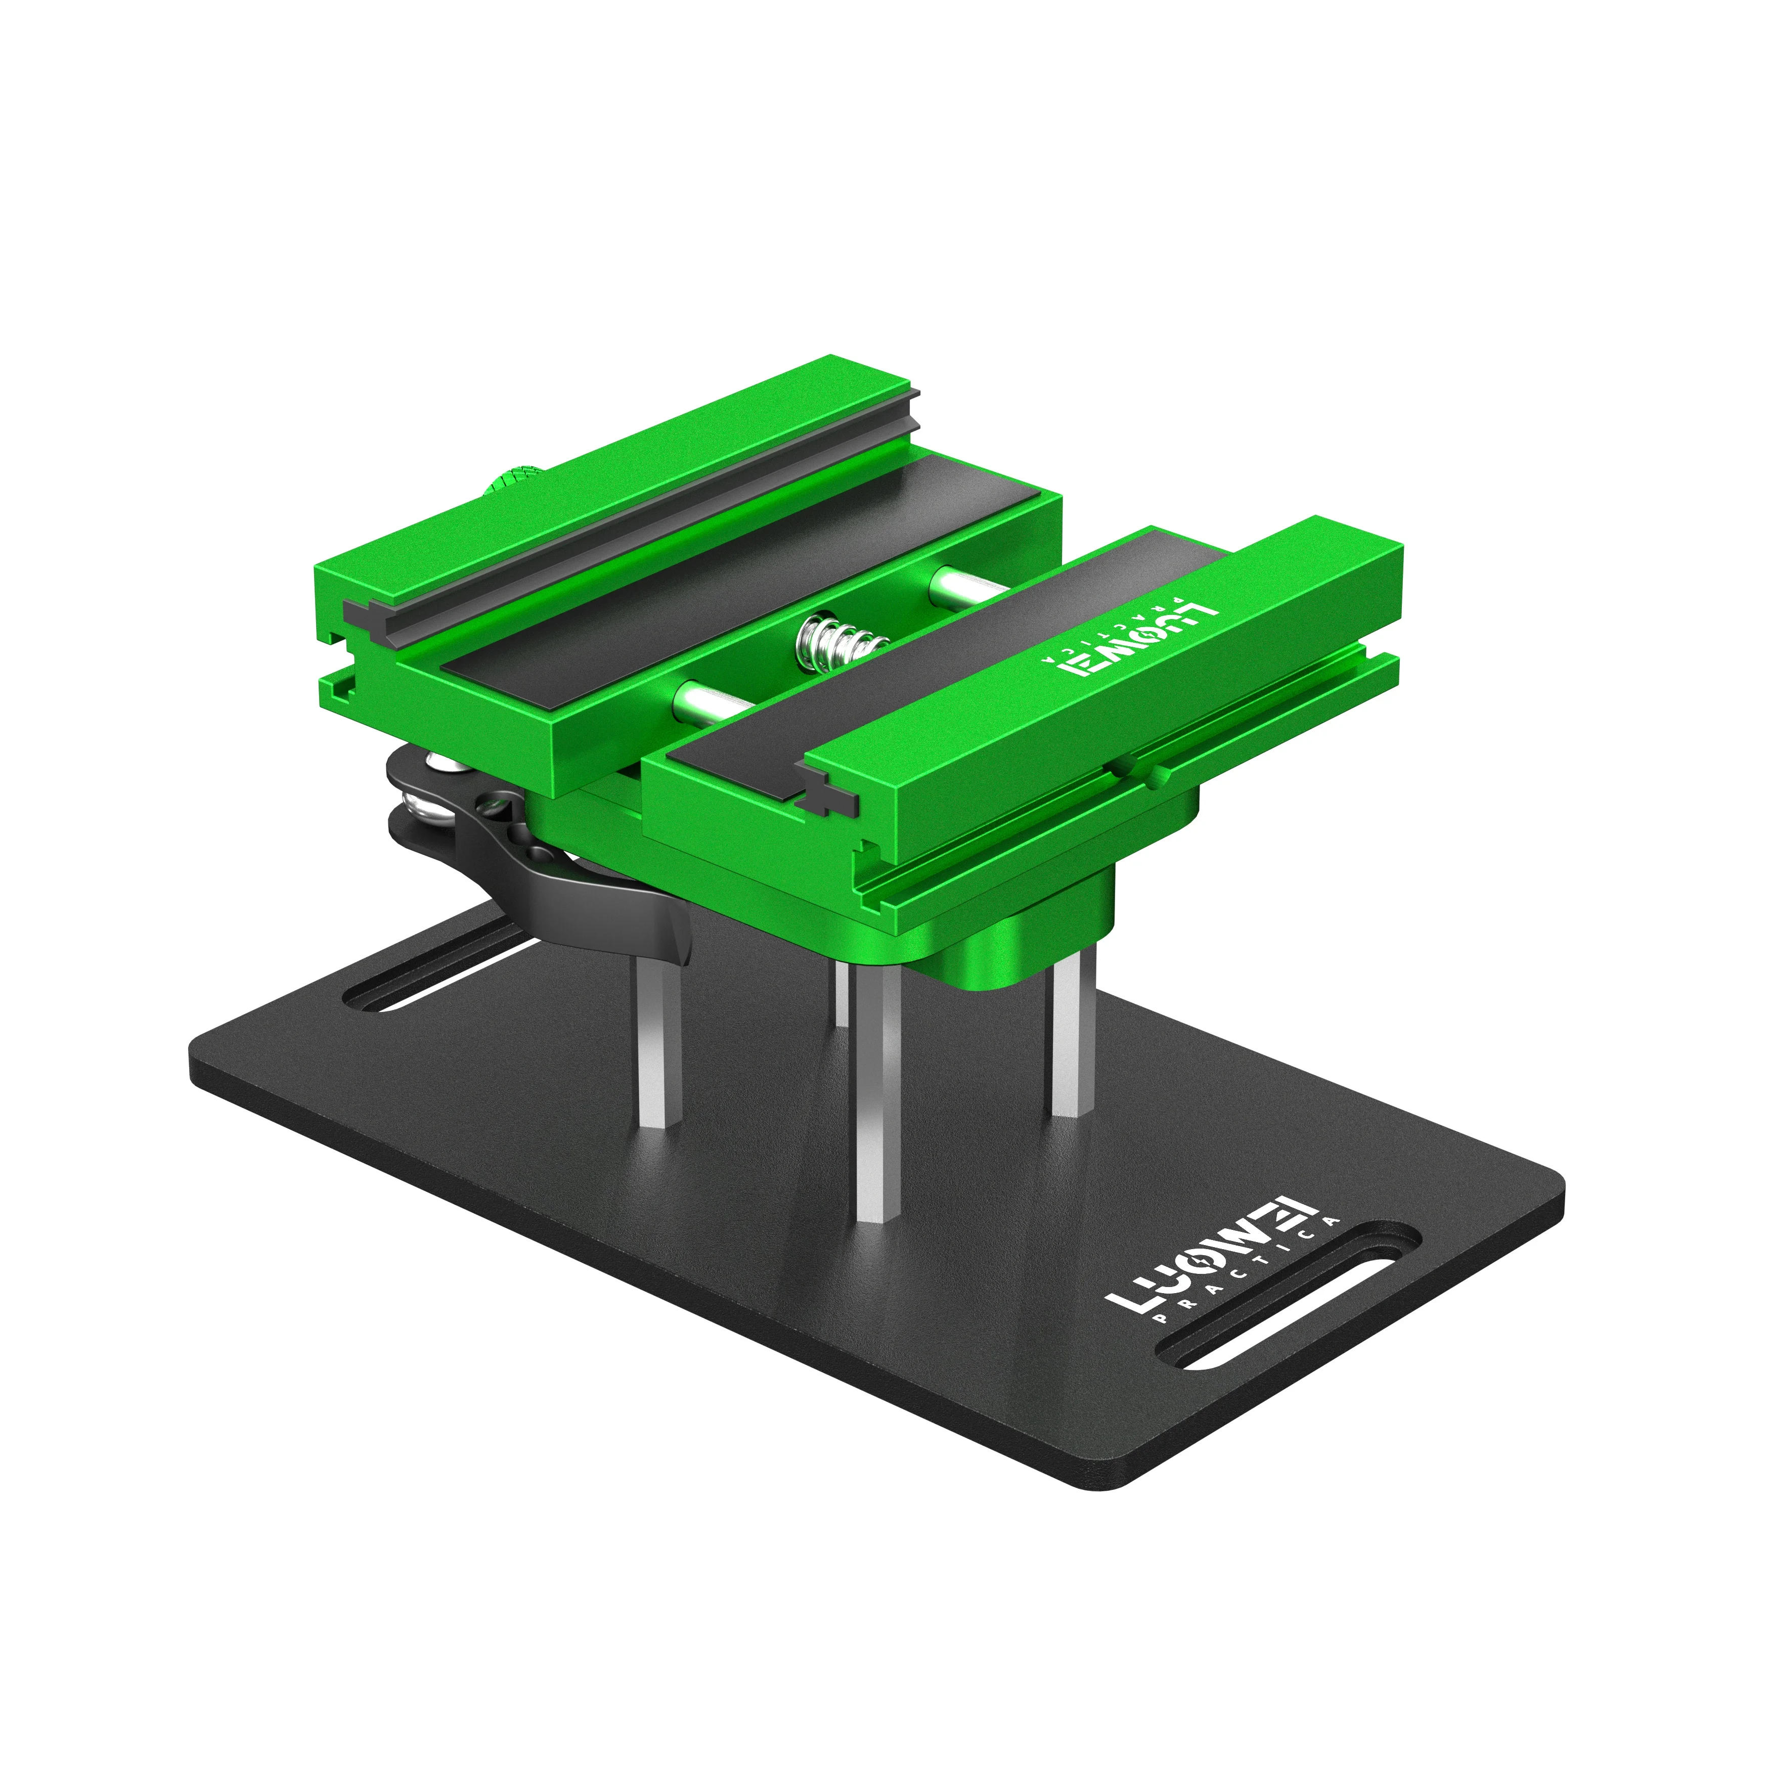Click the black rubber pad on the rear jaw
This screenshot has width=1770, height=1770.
click(733, 586)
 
